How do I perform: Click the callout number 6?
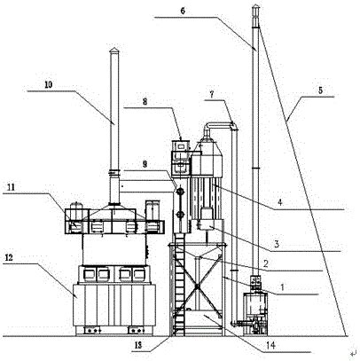pyautogui.click(x=183, y=11)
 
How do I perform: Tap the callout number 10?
pyautogui.click(x=49, y=85)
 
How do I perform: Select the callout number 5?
pyautogui.click(x=320, y=90)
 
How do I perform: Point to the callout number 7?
pyautogui.click(x=212, y=94)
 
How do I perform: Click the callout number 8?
pyautogui.click(x=145, y=102)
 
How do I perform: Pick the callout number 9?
pyautogui.click(x=145, y=164)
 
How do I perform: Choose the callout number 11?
pyautogui.click(x=11, y=187)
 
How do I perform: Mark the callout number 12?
pyautogui.click(x=9, y=257)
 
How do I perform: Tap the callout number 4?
pyautogui.click(x=280, y=202)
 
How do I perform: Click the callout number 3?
pyautogui.click(x=277, y=244)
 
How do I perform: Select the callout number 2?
pyautogui.click(x=266, y=263)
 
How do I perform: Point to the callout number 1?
pyautogui.click(x=282, y=287)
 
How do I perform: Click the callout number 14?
pyautogui.click(x=271, y=345)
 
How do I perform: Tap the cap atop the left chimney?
pyautogui.click(x=113, y=51)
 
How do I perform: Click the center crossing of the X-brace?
pyautogui.click(x=198, y=286)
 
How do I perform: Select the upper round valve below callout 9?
pyautogui.click(x=179, y=192)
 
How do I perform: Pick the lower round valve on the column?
pyautogui.click(x=179, y=215)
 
